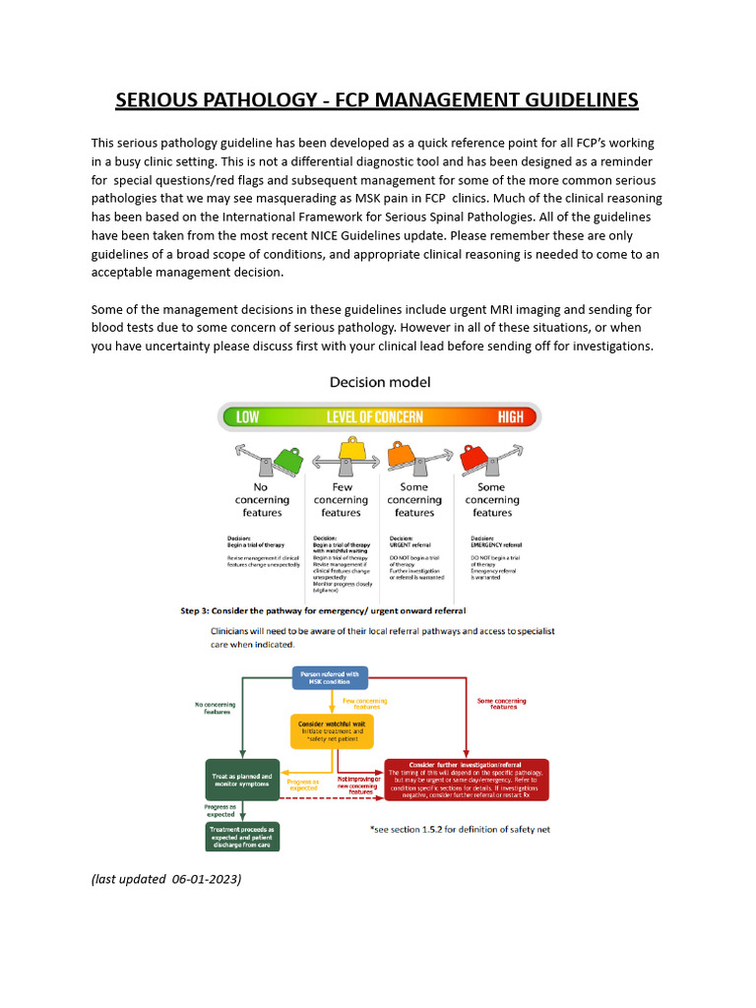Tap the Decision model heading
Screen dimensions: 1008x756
(x=380, y=382)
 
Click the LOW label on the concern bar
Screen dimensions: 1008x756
(x=248, y=416)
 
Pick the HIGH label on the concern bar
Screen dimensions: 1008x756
(x=511, y=416)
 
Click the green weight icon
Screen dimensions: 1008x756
(x=287, y=458)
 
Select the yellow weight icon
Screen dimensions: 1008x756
(x=350, y=451)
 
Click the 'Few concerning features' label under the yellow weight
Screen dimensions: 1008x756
(x=341, y=499)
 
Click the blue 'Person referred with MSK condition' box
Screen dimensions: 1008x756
(x=330, y=677)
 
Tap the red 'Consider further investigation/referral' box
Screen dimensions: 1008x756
(x=467, y=780)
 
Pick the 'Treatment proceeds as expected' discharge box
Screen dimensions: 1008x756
(x=242, y=836)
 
